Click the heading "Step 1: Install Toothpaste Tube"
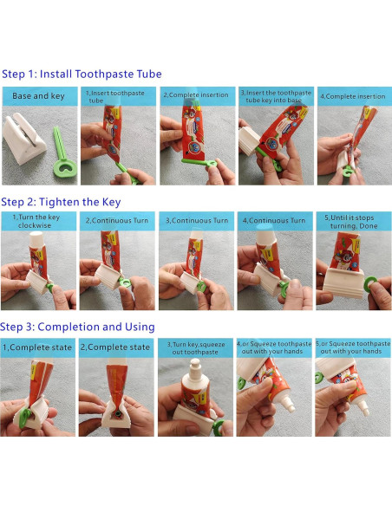(x=82, y=74)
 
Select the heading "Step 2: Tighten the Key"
(x=61, y=202)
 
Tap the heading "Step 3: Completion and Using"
(x=77, y=327)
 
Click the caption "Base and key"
(x=38, y=96)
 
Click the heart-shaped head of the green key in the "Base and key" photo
(x=66, y=168)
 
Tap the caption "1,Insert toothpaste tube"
(x=115, y=96)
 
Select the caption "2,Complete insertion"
(x=196, y=95)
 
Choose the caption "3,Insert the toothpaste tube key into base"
(x=276, y=96)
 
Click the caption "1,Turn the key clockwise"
(x=36, y=221)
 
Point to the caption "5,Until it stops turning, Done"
(x=351, y=222)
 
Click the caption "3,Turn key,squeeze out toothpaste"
(x=196, y=348)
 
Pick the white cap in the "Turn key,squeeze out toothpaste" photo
(x=195, y=369)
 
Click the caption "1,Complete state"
(x=37, y=347)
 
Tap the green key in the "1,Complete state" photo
(x=25, y=418)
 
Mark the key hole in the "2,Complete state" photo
(x=117, y=413)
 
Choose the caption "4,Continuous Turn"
(x=274, y=220)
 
